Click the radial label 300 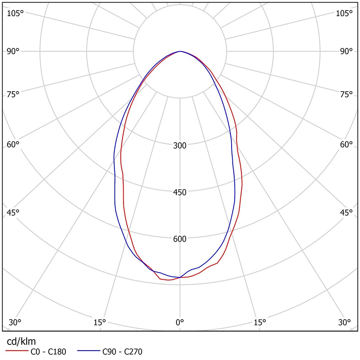point(180,145)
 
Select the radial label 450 point(180,192)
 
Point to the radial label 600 point(180,239)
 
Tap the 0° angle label point(180,322)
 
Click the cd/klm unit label point(21,341)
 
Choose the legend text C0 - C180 point(48,352)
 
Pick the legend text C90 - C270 point(122,352)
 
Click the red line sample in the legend point(16,352)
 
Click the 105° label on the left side point(15,13)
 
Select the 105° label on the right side point(344,13)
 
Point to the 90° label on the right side point(346,51)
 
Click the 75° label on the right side point(346,94)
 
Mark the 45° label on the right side point(346,212)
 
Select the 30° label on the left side point(15,322)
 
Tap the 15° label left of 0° point(99,322)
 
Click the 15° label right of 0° point(260,322)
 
